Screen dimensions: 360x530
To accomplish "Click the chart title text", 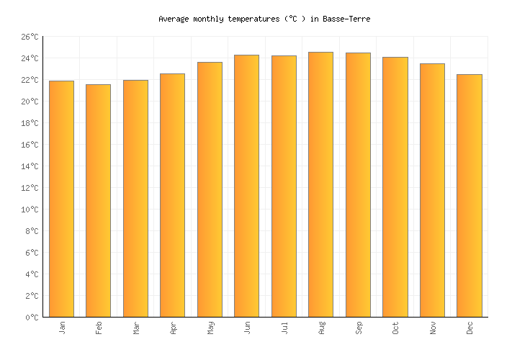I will click(x=264, y=19).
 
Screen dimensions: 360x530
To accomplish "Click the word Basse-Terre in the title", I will click(x=347, y=19).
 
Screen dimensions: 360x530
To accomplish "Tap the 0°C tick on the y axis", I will click(x=34, y=318).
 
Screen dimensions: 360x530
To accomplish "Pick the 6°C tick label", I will click(x=34, y=253).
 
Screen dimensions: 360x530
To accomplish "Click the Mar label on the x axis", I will click(x=136, y=328).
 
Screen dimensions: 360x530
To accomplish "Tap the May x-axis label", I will click(x=210, y=328).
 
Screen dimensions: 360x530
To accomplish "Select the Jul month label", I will click(x=284, y=328).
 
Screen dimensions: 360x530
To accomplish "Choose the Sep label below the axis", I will click(x=359, y=328).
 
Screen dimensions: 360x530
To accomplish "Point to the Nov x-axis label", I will click(x=433, y=328).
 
